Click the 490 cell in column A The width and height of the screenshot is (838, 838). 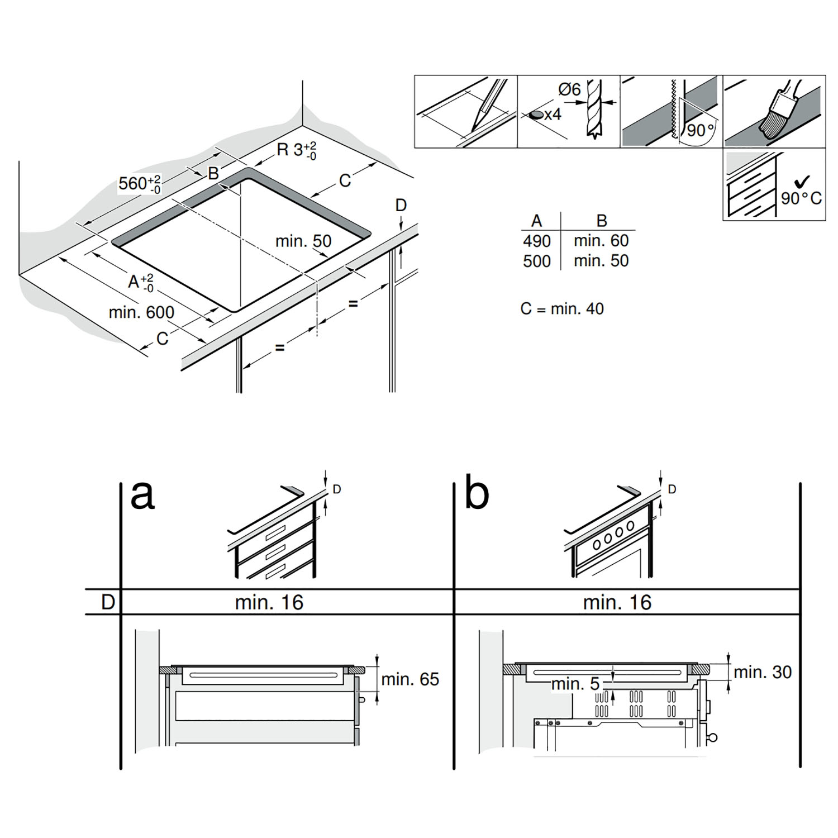pyautogui.click(x=537, y=241)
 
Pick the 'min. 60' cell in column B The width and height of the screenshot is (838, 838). pyautogui.click(x=601, y=240)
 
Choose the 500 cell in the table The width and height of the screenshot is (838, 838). pyautogui.click(x=537, y=261)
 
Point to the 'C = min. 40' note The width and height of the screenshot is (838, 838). pyautogui.click(x=562, y=308)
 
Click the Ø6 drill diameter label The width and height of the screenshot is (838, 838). pyautogui.click(x=569, y=89)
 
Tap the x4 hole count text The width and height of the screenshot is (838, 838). pyautogui.click(x=552, y=115)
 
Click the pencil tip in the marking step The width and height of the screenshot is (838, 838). pyautogui.click(x=474, y=127)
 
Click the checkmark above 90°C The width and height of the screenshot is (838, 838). pyautogui.click(x=802, y=181)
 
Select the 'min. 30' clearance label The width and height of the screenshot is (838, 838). pyautogui.click(x=763, y=672)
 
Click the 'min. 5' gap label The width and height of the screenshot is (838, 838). pyautogui.click(x=575, y=683)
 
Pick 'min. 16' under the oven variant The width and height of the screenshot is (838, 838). pyautogui.click(x=617, y=602)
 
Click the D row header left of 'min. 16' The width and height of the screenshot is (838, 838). pyautogui.click(x=108, y=602)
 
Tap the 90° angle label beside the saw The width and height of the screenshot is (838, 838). pyautogui.click(x=701, y=130)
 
